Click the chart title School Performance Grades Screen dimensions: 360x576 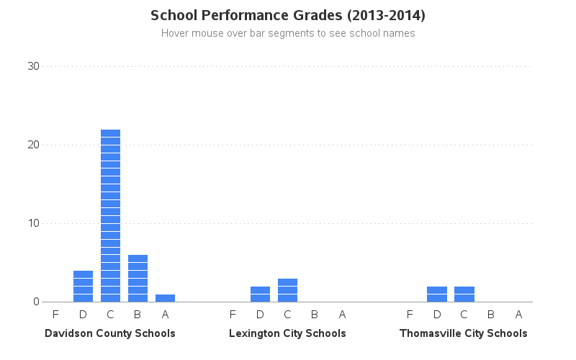[287, 15]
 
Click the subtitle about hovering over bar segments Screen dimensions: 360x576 [287, 33]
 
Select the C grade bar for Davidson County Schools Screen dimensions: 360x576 [110, 215]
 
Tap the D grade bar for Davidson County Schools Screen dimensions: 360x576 [83, 286]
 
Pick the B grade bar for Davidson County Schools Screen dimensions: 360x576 [138, 278]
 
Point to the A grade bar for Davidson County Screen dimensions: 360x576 [165, 297]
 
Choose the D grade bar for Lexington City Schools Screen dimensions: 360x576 [260, 294]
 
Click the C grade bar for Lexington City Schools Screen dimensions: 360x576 [287, 289]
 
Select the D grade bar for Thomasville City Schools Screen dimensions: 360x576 [437, 294]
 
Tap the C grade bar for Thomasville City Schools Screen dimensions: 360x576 [464, 294]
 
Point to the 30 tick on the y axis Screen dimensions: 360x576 [33, 66]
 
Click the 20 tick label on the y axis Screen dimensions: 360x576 [33, 145]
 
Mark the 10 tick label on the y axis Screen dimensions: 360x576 [33, 223]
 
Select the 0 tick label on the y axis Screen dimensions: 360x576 [36, 302]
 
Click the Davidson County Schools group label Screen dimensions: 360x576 [110, 333]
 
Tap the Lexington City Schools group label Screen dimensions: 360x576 [287, 333]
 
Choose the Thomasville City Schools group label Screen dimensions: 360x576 [464, 333]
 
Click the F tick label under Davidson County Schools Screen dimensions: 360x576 [55, 314]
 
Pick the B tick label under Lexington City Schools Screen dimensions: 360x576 [315, 314]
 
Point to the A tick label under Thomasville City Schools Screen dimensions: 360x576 [518, 314]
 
